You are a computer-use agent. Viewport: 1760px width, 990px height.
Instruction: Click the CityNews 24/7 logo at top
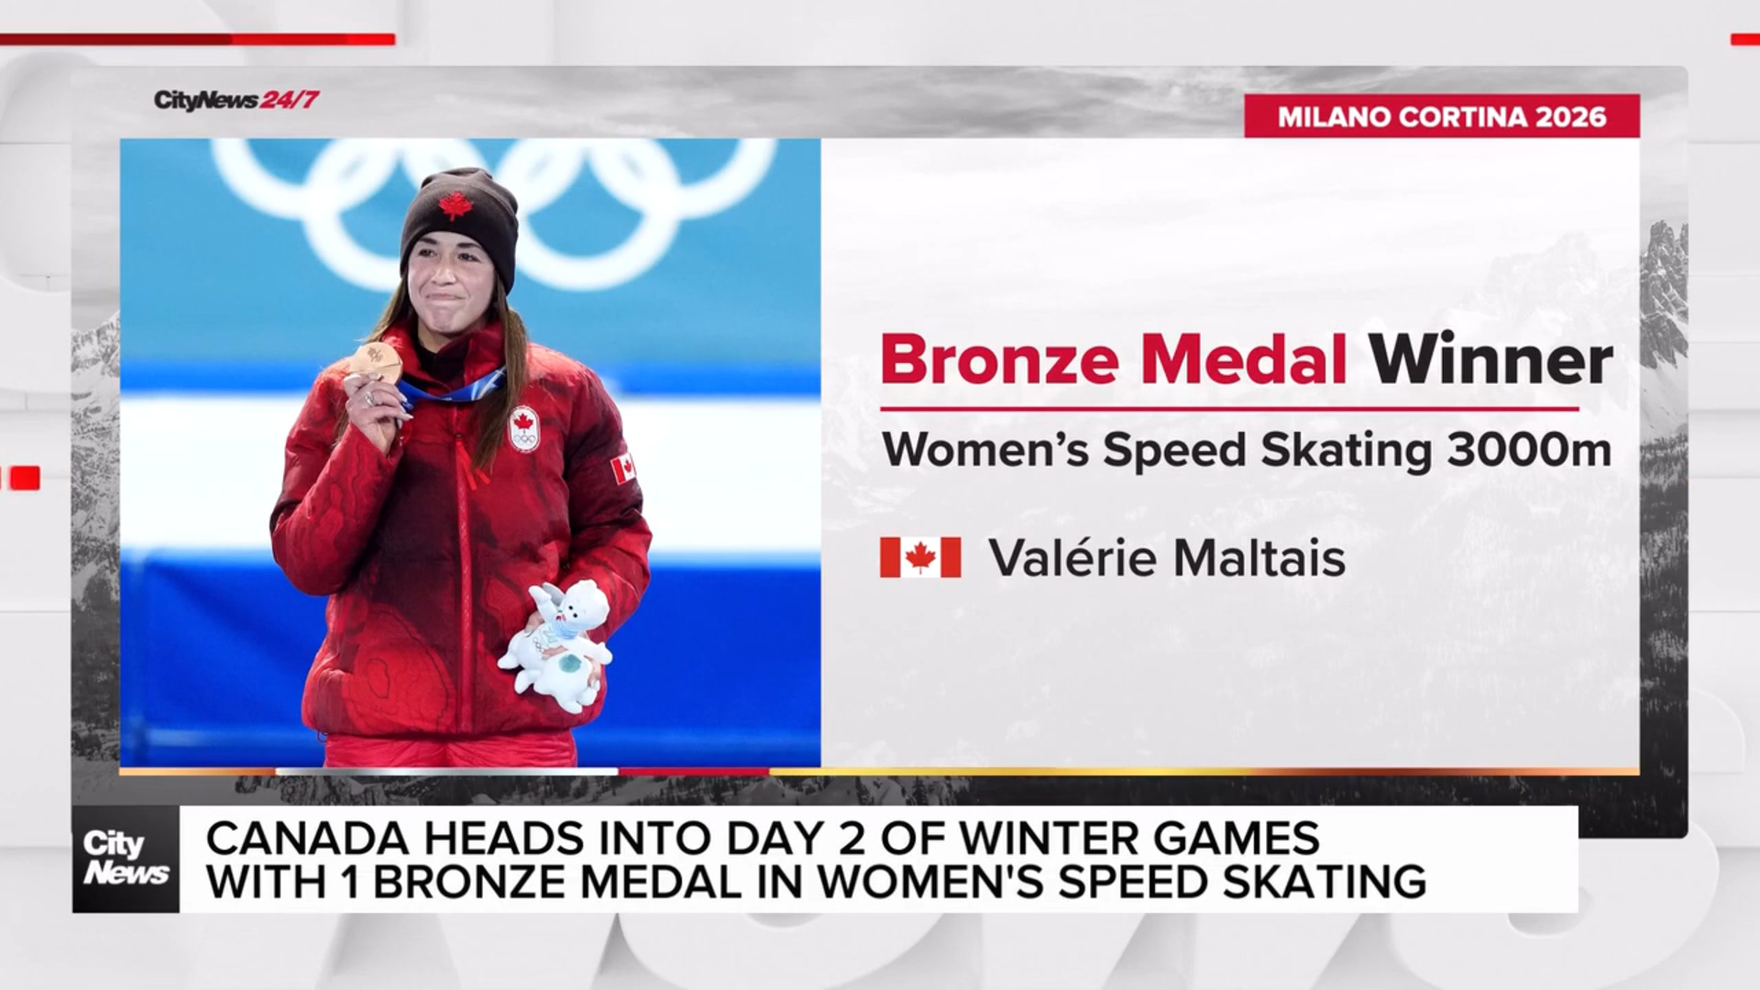[236, 100]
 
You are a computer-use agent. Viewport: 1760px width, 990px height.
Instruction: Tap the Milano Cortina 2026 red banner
[1441, 116]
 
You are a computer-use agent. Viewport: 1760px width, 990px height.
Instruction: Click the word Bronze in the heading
[999, 359]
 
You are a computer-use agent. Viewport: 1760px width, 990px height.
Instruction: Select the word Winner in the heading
[1490, 359]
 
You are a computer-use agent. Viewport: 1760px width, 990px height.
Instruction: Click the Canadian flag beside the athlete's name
[920, 557]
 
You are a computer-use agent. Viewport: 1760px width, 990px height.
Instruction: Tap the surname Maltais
[1258, 557]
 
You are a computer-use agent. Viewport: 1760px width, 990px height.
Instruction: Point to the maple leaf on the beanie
[454, 205]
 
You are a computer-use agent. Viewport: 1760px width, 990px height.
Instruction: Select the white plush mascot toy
[555, 645]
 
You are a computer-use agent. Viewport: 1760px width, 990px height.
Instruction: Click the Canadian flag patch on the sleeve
[622, 469]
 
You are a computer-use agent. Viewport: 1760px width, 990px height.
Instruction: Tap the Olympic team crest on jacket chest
[523, 428]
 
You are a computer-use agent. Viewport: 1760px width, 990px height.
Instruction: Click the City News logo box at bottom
[126, 859]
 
